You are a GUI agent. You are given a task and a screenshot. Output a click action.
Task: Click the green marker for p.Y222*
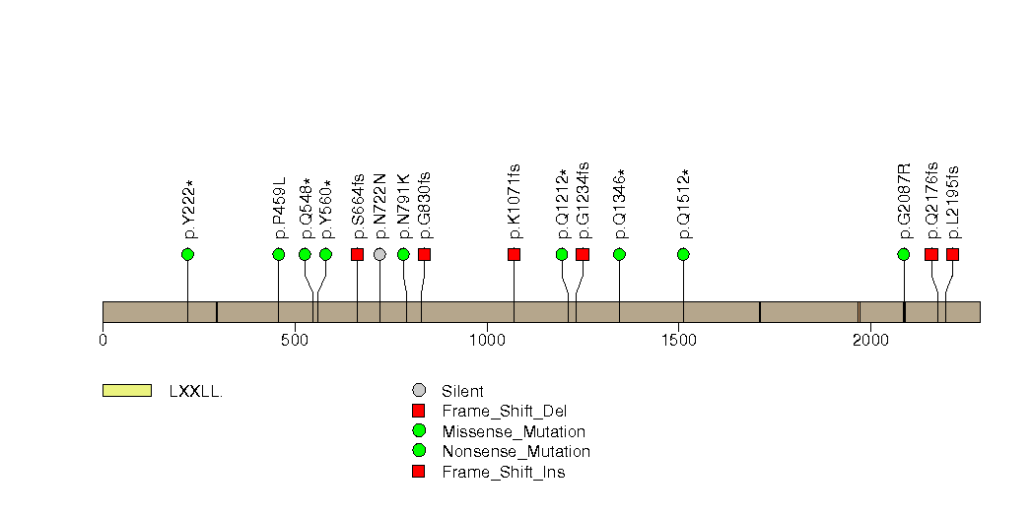coord(187,254)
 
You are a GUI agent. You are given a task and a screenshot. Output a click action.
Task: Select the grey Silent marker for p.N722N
coord(379,254)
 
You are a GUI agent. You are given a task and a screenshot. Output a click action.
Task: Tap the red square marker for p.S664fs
coord(358,254)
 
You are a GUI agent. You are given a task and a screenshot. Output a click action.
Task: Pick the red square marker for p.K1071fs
coord(514,254)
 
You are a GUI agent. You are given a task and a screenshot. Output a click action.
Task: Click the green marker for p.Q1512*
coord(683,254)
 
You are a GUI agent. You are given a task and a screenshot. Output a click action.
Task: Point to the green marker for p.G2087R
coord(904,254)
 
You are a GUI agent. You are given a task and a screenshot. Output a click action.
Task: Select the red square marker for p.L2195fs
coord(952,254)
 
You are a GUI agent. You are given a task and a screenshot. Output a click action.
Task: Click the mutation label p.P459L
coord(280,207)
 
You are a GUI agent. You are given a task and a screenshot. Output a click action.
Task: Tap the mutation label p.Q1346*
coord(620,204)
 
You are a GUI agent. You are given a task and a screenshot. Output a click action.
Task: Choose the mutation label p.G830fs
coord(425,205)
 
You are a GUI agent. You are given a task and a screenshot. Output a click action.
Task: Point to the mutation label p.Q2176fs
coord(932,201)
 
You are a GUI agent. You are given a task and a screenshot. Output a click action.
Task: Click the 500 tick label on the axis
coord(294,340)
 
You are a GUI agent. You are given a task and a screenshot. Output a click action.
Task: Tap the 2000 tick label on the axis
coord(870,340)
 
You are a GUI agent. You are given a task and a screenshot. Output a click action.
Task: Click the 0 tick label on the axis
coord(103,340)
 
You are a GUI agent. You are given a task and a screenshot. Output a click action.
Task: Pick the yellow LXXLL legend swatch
coord(127,391)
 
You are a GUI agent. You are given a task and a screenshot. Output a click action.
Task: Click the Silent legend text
coord(462,392)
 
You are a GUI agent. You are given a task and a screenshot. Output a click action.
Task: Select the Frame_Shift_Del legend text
coord(504,412)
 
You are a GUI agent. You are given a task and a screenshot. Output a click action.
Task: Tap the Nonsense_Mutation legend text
coord(516,452)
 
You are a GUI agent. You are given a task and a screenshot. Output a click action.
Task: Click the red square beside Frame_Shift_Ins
coord(419,472)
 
